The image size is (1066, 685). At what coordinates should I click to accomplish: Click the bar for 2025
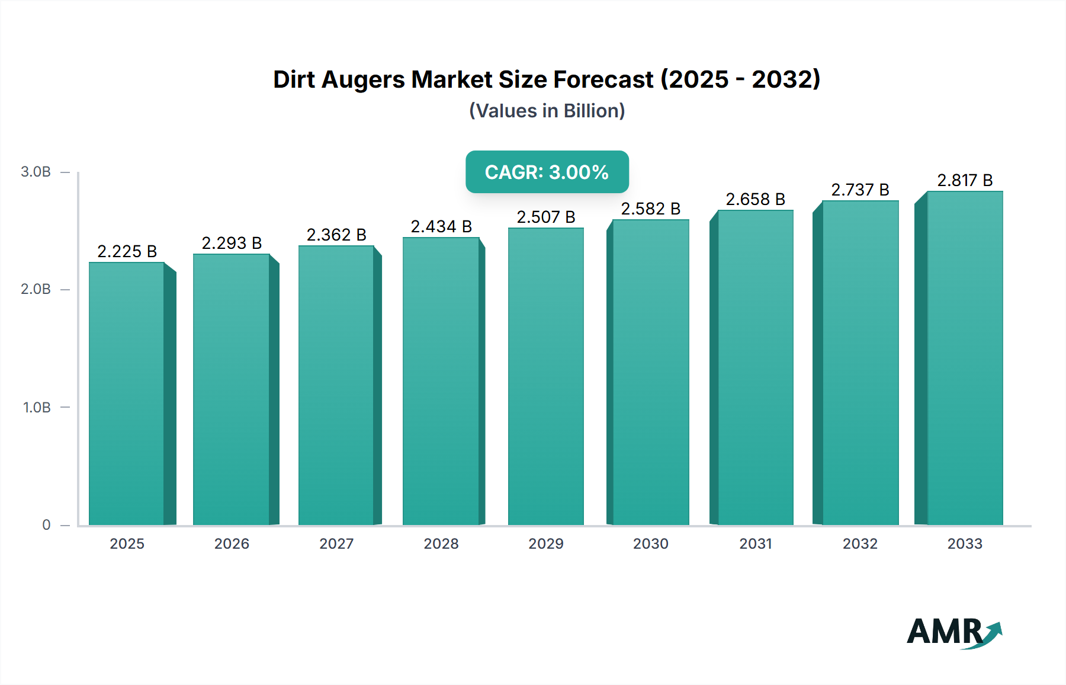pos(127,393)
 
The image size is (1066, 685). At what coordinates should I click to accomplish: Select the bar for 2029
pos(545,376)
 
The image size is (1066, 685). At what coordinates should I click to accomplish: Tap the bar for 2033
pos(964,358)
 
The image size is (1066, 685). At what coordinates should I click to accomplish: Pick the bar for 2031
pos(755,367)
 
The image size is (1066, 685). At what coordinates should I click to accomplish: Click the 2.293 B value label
pos(232,243)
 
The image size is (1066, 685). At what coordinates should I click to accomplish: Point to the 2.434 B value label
pos(441,226)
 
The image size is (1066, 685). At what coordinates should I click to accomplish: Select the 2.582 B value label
pos(650,209)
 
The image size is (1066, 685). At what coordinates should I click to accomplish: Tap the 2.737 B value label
pos(860,190)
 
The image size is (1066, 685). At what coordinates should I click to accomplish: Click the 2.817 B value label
pos(964,180)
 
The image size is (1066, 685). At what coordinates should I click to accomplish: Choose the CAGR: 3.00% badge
pos(547,172)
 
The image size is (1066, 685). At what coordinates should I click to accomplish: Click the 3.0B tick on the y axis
pos(36,172)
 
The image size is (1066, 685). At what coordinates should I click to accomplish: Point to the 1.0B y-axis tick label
pos(37,408)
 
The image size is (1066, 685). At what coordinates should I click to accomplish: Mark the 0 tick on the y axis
pos(46,525)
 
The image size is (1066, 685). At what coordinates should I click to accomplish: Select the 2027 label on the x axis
pos(336,543)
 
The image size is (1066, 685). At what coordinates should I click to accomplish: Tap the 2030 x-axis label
pos(650,543)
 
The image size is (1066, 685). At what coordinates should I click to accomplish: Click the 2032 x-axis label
pos(860,543)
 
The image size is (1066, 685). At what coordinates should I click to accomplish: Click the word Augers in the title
pos(362,80)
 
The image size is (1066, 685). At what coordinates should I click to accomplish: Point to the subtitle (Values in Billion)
pos(547,111)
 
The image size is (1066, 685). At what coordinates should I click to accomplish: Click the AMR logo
pos(953,632)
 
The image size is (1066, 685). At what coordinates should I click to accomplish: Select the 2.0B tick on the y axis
pos(36,289)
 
